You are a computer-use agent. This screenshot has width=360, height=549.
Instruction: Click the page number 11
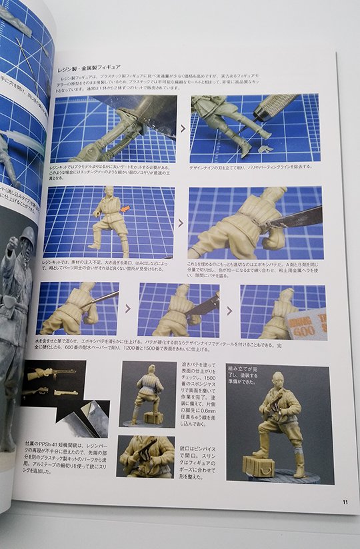[344, 502]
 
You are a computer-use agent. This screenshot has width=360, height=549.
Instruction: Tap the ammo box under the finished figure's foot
[258, 464]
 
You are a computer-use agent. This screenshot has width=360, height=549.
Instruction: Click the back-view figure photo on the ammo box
[149, 394]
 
